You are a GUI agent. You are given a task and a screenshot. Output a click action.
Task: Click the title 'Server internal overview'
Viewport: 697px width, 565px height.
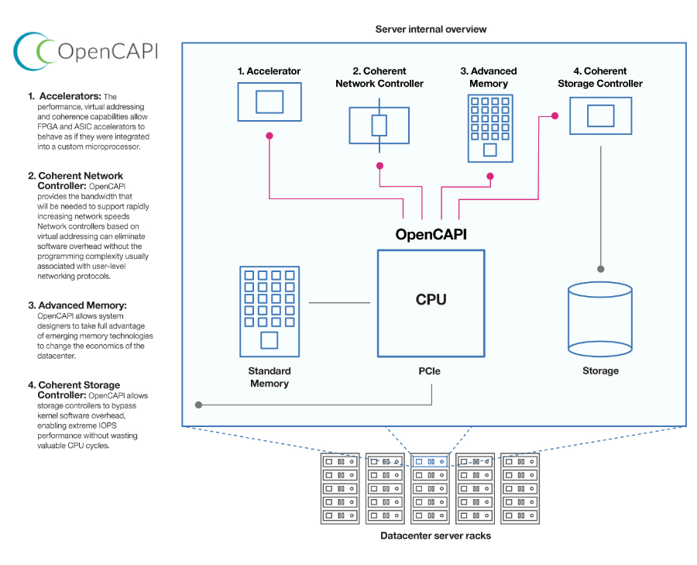(x=431, y=29)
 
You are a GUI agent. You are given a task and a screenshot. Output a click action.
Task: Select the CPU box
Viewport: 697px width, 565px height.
(x=431, y=302)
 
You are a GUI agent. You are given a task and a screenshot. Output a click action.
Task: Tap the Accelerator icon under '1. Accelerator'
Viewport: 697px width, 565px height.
(x=269, y=102)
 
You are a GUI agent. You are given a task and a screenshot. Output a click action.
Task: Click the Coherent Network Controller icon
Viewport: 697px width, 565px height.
(x=379, y=125)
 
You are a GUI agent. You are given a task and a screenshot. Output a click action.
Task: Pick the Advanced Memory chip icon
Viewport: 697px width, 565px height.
(x=489, y=128)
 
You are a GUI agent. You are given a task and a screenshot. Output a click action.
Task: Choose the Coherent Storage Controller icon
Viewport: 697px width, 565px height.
(x=600, y=115)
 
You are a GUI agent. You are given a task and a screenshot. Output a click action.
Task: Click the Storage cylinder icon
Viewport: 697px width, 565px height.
(x=599, y=319)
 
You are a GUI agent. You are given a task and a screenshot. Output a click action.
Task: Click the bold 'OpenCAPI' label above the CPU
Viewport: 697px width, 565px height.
(x=431, y=233)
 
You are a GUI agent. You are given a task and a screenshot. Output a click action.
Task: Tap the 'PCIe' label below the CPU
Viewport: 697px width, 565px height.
(x=430, y=371)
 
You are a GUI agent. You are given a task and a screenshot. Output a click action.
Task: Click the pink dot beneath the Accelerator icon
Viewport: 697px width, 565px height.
(x=270, y=136)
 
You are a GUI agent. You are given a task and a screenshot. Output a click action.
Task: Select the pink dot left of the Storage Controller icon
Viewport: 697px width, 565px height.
(x=555, y=116)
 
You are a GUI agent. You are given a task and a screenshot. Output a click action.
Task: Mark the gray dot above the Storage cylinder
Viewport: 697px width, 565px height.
(x=600, y=269)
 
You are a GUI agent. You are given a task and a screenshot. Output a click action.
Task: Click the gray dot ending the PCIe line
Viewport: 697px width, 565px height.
(x=198, y=405)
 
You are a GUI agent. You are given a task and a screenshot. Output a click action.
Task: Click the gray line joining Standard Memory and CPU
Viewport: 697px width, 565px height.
(x=339, y=302)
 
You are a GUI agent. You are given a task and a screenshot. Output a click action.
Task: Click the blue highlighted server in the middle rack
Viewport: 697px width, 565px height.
(x=430, y=461)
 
